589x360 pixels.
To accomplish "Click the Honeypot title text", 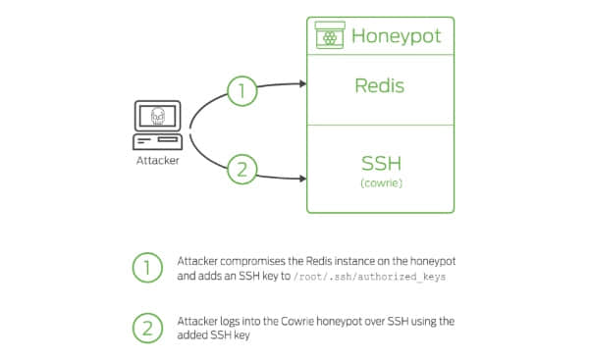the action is tap(396, 36).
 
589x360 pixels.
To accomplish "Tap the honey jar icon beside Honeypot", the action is tap(330, 35).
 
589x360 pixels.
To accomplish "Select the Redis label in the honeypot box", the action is tap(379, 85).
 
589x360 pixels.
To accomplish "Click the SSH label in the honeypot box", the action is tap(381, 163).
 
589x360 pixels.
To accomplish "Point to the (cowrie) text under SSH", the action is tap(381, 182).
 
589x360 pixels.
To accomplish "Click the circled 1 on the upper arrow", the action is tap(242, 91).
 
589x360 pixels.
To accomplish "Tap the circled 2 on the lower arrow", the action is tap(242, 169).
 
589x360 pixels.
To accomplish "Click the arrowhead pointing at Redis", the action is tap(302, 83).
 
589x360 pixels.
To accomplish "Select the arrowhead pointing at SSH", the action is tap(302, 179).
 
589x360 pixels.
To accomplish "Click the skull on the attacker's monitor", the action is tap(158, 116).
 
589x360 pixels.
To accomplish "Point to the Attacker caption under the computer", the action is tap(158, 161).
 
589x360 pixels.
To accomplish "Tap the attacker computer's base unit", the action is tap(158, 142).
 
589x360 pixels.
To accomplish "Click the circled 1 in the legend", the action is tap(147, 268).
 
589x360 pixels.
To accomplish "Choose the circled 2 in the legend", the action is tap(147, 328).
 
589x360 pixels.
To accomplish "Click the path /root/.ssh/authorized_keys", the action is tap(370, 277).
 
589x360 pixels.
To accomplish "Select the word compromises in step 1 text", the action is tap(253, 261).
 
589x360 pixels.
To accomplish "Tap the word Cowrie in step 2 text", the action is tap(297, 322).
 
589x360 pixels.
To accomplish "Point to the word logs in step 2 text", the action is tap(229, 322).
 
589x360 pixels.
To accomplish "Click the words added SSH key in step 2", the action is tap(213, 334).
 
